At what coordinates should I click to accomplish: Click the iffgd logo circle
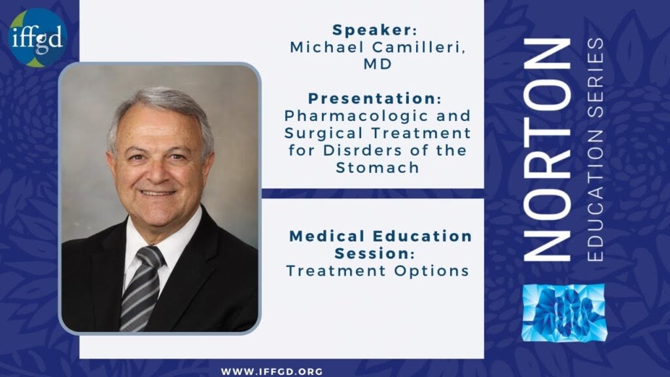pos(37,37)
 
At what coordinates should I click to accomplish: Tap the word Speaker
pos(372,30)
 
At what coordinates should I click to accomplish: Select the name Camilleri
pos(418,47)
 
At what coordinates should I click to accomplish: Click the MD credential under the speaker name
pos(378,64)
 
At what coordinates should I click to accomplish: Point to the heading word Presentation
pos(372,98)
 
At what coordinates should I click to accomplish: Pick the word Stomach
pos(378,168)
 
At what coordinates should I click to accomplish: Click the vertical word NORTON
pos(548,150)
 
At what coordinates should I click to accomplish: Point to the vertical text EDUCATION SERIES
pos(595,150)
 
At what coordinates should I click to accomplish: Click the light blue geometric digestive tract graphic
pos(564,313)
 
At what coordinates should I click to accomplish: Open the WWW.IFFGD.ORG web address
pos(272,372)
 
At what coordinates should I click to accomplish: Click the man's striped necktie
pos(140,289)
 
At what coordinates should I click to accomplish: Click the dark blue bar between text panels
pos(372,193)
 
